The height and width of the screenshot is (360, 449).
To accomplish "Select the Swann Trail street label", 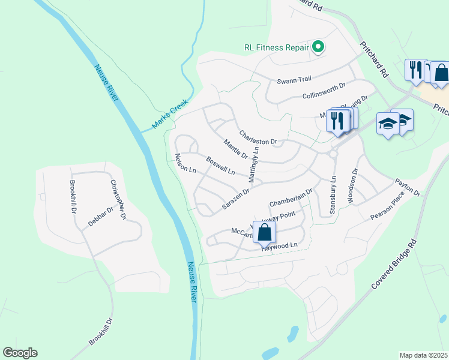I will tap(294, 81).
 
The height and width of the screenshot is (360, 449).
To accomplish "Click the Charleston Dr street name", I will tap(258, 137).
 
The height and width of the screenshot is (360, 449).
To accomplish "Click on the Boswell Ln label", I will tap(220, 166).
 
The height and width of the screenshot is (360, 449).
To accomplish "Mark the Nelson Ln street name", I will tap(185, 163).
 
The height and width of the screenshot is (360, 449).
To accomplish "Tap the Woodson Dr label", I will tap(352, 185).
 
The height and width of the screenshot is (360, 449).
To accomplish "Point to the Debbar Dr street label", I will tap(100, 216).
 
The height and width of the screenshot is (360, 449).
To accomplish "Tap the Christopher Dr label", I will tap(118, 199).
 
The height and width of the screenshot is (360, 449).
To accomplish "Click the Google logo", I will tap(20, 353).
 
